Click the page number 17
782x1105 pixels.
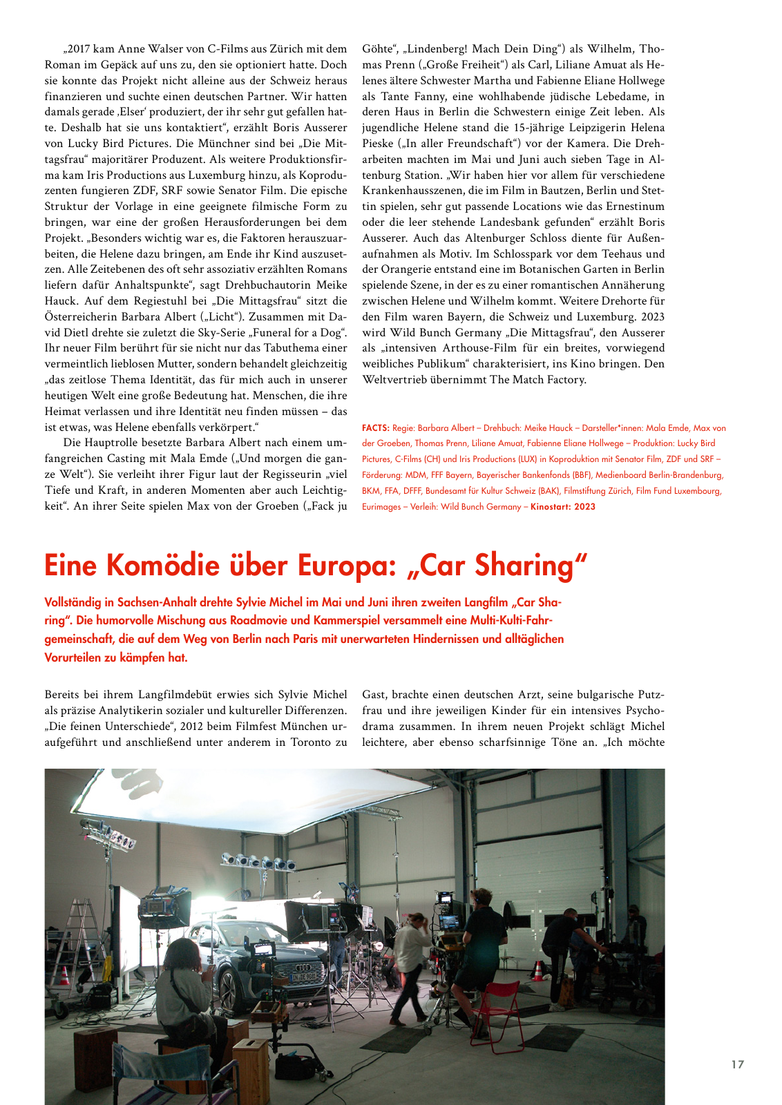(x=738, y=1064)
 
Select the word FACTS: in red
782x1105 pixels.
(x=376, y=428)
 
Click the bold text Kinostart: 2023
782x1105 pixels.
(x=562, y=506)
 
